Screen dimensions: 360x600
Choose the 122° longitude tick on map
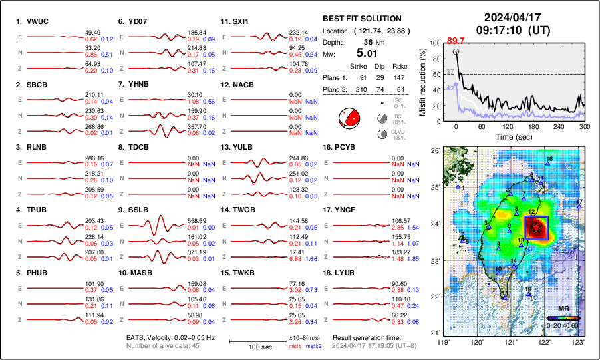coord(545,341)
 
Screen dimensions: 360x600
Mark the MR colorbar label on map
coord(563,309)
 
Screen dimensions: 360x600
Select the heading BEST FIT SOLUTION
coord(361,19)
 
